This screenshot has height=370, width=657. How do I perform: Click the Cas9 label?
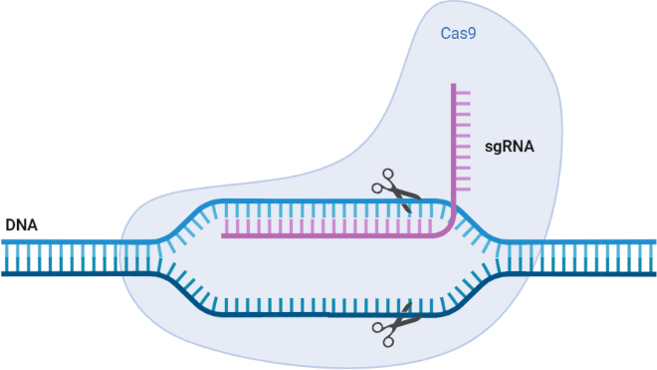[x=458, y=33]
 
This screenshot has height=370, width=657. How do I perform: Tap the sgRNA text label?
[x=509, y=147]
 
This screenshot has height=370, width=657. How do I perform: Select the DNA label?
[x=21, y=225]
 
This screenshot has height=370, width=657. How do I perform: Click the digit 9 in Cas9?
[x=472, y=33]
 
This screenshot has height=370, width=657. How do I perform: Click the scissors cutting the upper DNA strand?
[x=395, y=189]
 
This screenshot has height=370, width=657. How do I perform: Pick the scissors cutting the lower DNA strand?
[x=395, y=324]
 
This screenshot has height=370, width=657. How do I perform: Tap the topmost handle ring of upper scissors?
[x=388, y=175]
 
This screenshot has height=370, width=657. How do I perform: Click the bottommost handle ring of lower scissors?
[x=388, y=342]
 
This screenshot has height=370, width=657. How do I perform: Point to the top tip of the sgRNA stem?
[x=453, y=84]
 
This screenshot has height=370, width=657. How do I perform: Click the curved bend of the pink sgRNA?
[x=448, y=230]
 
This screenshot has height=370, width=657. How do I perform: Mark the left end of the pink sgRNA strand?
[x=222, y=236]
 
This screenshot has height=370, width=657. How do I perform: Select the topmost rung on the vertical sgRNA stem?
[x=463, y=92]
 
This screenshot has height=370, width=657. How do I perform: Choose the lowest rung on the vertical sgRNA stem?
[x=463, y=189]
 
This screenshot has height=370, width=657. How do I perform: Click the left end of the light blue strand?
[x=2, y=242]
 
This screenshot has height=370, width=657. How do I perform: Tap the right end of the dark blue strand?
[x=654, y=274]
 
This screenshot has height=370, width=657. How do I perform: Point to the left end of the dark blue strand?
[x=2, y=274]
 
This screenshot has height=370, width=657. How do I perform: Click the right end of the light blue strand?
[x=654, y=242]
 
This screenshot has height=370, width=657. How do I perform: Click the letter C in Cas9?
[x=445, y=33]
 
